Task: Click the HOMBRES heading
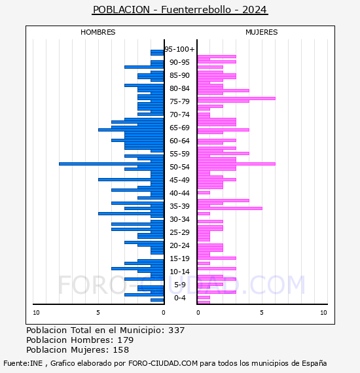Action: [98, 32]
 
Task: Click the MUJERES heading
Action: [262, 32]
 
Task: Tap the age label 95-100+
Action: [179, 49]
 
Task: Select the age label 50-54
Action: [179, 167]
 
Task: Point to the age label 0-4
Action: [179, 298]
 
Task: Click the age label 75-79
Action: [179, 101]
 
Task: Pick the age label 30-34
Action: [179, 219]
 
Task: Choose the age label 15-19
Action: [179, 258]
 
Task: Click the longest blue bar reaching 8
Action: [111, 164]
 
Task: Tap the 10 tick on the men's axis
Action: [36, 313]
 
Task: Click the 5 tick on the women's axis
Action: [262, 313]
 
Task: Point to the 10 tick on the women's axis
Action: [323, 313]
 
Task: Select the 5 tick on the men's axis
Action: [98, 313]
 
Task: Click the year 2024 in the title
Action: [255, 10]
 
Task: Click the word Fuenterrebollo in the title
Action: [196, 10]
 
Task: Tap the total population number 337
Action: [176, 330]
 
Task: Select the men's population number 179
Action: [126, 340]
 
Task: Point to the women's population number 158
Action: [120, 350]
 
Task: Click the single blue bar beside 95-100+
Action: [157, 52]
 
